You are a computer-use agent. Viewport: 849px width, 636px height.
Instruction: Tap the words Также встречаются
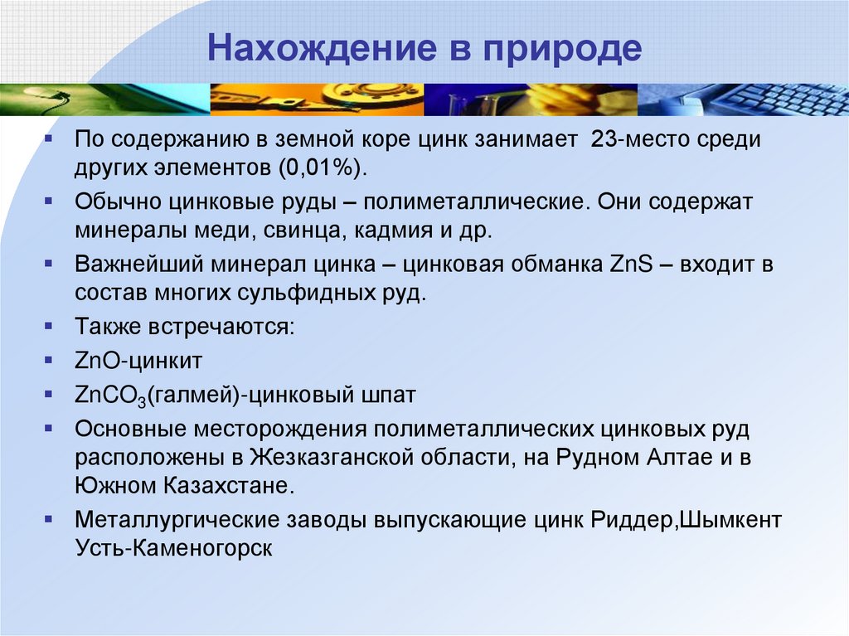coord(184,326)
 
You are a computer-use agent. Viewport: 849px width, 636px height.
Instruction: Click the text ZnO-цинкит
coord(138,361)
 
